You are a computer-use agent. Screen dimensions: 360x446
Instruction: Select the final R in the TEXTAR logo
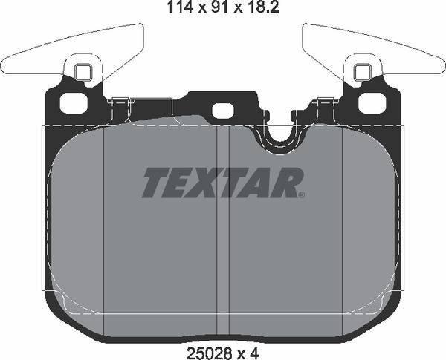coord(288,183)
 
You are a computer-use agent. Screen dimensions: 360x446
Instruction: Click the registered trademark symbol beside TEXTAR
coord(301,196)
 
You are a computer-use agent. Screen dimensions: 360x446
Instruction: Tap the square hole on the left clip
coord(83,72)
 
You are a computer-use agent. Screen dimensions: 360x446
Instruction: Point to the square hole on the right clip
coord(363,72)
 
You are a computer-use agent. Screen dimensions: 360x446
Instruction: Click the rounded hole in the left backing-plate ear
coord(73,103)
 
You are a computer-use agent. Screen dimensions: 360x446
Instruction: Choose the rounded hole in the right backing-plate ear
coord(372,103)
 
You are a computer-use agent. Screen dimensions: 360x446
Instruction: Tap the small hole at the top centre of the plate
coord(222,110)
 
